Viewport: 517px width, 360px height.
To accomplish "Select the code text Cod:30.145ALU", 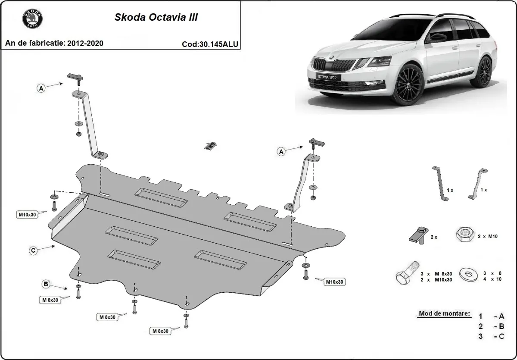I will [210, 44].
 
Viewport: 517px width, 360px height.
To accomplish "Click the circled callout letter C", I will [33, 250].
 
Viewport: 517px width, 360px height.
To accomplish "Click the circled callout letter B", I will [45, 284].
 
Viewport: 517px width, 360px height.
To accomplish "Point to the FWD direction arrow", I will [210, 146].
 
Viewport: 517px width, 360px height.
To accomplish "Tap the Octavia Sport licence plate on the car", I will [328, 77].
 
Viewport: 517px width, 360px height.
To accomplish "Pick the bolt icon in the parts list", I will [406, 274].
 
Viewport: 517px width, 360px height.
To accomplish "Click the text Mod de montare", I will [444, 313].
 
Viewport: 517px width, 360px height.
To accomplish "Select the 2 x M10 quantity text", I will [488, 237].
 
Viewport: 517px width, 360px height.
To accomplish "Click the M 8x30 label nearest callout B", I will [50, 300].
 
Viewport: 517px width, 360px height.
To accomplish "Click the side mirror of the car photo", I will [436, 38].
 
